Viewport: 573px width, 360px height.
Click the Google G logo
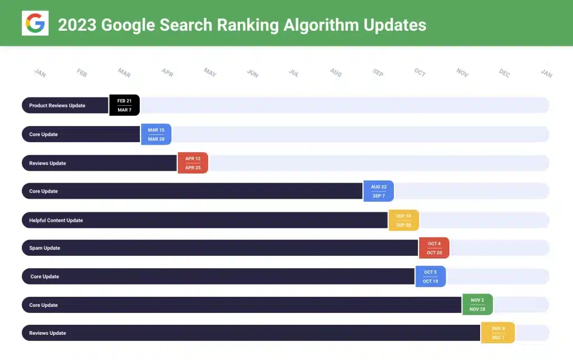pos(35,24)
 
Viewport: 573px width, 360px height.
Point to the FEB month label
pos(82,73)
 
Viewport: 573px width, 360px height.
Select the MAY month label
pos(210,73)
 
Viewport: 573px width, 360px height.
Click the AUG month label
pos(336,73)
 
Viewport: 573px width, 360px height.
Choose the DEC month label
pos(505,73)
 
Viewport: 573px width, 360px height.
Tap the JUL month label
pos(294,73)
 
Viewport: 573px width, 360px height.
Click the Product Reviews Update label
pos(57,105)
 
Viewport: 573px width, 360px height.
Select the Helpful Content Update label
pos(56,220)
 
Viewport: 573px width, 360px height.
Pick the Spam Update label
pos(45,248)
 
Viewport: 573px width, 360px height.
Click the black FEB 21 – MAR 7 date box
pos(124,105)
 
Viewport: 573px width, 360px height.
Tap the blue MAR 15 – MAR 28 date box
pos(156,134)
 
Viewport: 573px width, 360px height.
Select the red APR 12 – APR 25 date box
pos(193,163)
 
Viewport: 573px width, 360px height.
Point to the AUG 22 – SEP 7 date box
pos(379,191)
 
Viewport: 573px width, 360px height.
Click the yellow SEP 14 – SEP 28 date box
pos(403,220)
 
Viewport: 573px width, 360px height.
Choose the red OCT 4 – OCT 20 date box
pos(434,248)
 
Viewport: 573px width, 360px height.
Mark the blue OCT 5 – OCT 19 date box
pos(431,277)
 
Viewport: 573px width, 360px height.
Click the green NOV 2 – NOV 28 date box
pos(477,305)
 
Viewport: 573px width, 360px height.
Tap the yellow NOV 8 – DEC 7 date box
pos(498,333)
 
